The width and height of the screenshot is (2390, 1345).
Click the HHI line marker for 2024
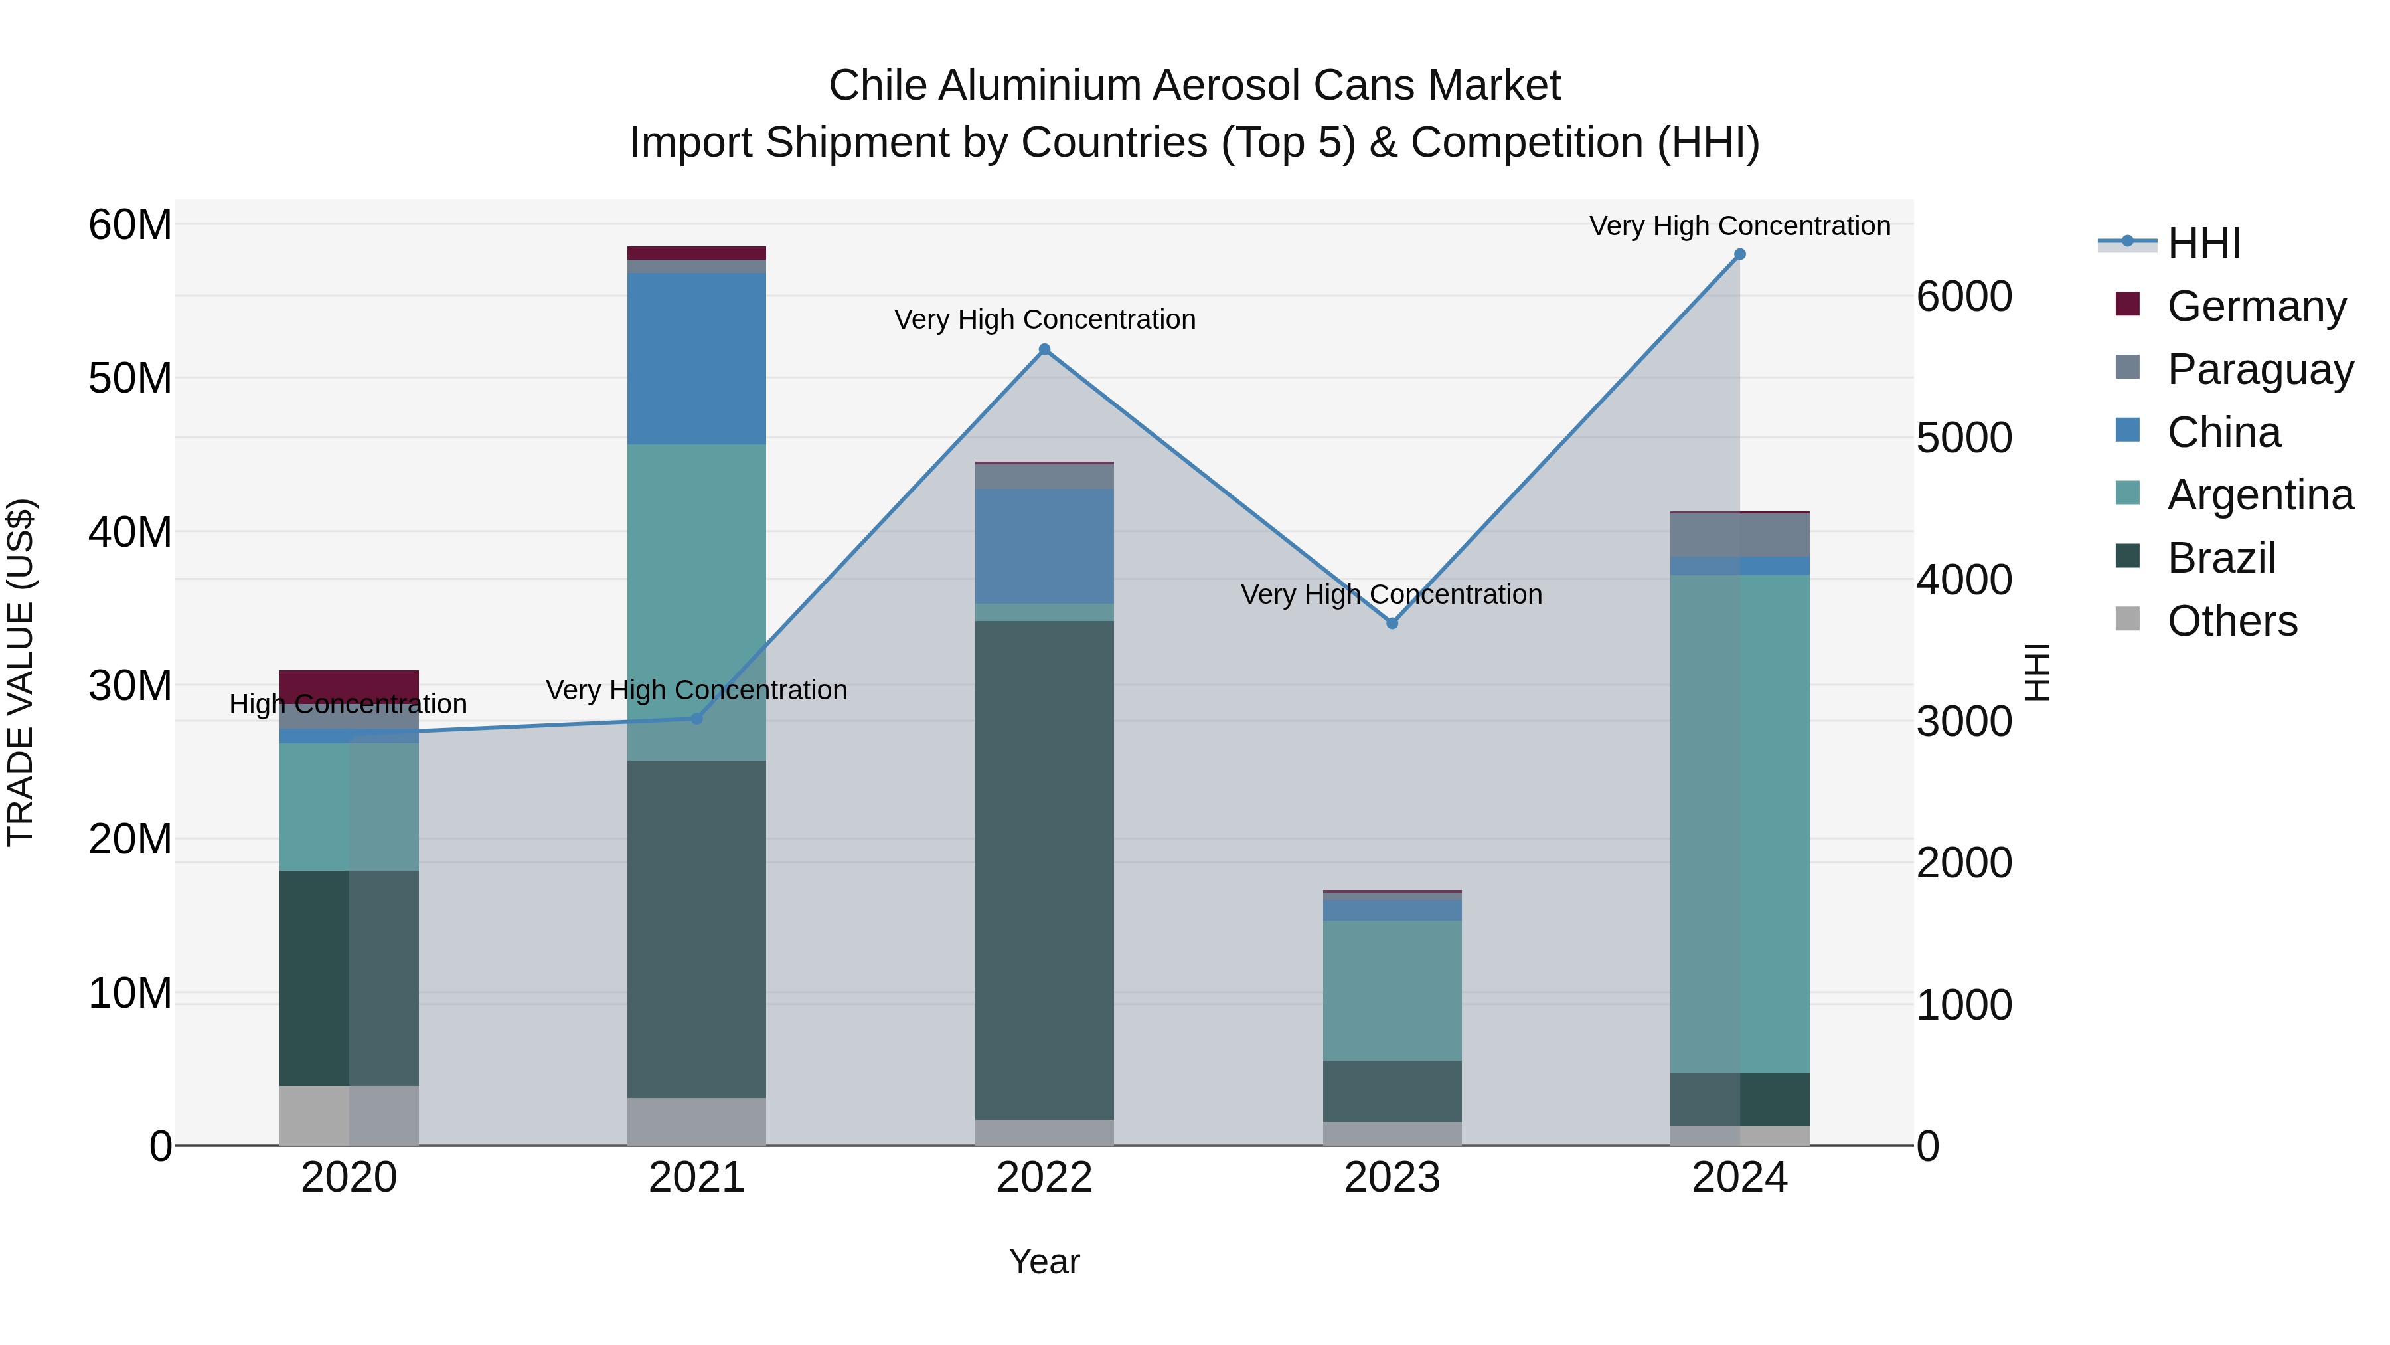1739,254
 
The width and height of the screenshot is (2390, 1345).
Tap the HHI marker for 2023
1392,623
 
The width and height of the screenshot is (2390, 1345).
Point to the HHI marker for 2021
697,719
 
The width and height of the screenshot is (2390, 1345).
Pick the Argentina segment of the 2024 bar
1739,824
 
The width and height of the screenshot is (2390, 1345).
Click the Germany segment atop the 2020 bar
349,685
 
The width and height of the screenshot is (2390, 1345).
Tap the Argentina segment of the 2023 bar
1392,990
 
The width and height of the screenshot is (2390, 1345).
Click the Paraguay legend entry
2259,369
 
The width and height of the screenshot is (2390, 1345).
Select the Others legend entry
2231,621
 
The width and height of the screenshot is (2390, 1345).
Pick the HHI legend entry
2203,243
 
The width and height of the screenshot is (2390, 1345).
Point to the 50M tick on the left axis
130,379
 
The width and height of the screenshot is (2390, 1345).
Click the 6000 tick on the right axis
1964,297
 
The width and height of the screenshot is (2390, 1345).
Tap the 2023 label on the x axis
1392,1178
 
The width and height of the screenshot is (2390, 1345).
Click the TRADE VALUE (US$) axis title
21,672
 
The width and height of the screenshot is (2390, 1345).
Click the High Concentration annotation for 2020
348,705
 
